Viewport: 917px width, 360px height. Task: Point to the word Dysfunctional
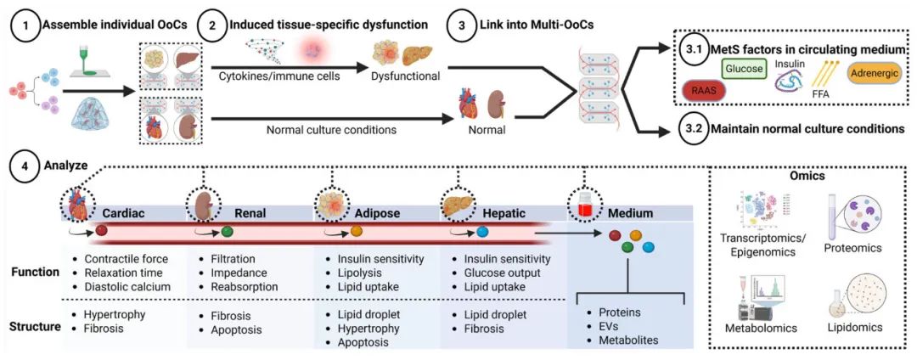[x=405, y=76]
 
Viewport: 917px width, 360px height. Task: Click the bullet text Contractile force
[x=125, y=258]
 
